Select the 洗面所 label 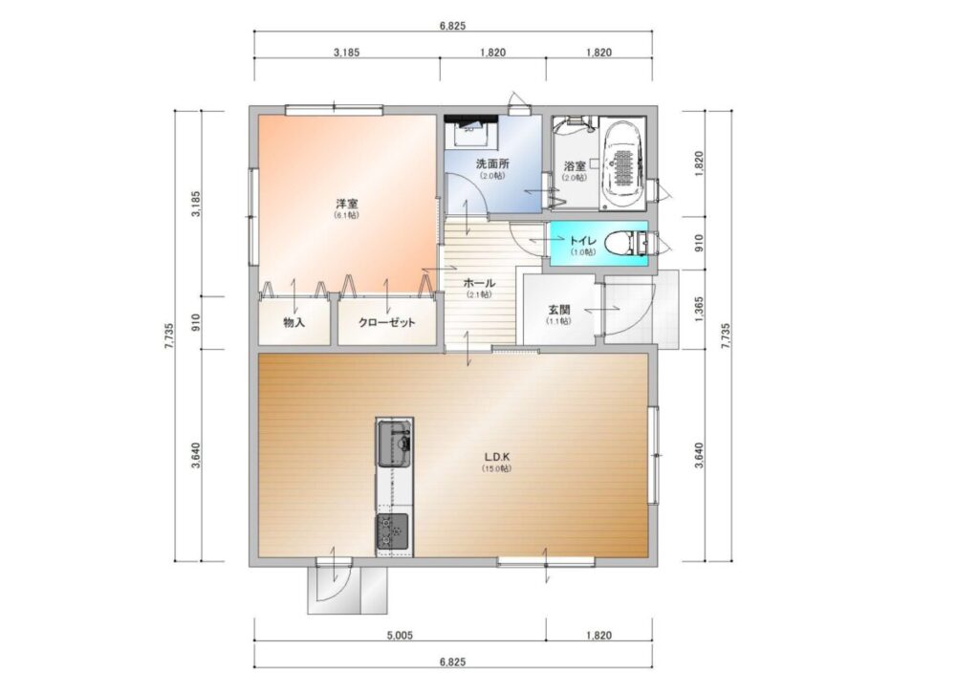coord(492,164)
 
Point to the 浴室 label coord(575,166)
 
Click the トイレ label coord(582,241)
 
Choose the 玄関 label coord(558,310)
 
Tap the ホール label coord(479,283)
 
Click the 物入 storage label coord(294,323)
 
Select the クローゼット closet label coord(387,323)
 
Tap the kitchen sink coord(393,443)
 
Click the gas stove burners coord(392,532)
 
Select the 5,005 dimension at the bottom coord(400,636)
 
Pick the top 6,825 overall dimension coord(452,26)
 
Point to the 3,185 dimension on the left coord(195,204)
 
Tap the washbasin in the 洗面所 coord(470,131)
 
